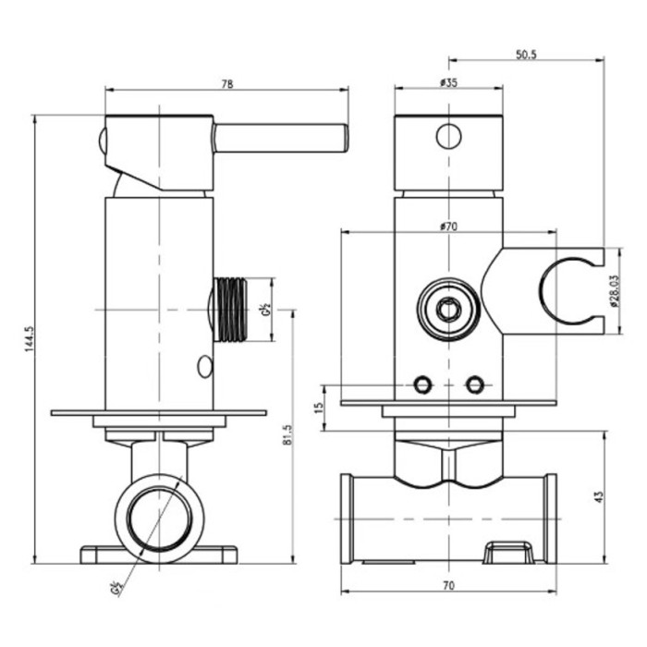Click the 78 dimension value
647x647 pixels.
[227, 83]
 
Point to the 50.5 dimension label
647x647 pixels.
[526, 55]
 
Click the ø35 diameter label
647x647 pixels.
[449, 83]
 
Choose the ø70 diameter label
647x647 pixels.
[449, 226]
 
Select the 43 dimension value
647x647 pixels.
[598, 496]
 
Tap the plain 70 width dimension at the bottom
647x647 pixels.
[448, 584]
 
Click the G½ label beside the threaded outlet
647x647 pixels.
[264, 308]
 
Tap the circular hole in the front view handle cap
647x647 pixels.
[448, 137]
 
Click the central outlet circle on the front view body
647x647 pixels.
[448, 309]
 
